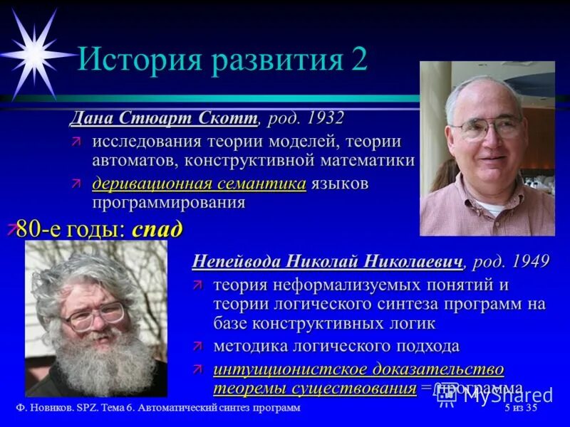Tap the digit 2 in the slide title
click(x=359, y=60)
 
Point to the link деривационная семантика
click(x=199, y=184)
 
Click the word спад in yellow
click(x=157, y=229)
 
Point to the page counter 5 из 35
click(x=519, y=408)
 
